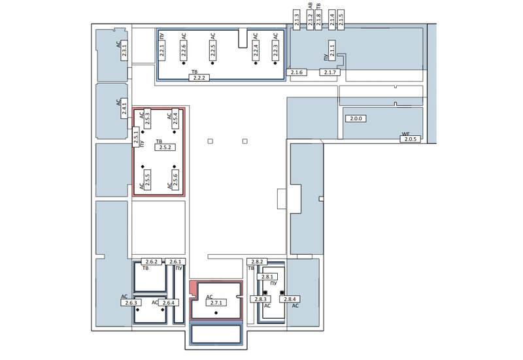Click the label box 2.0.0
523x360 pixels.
tap(356, 118)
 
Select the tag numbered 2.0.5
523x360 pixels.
tap(411, 139)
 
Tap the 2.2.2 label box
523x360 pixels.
tap(199, 78)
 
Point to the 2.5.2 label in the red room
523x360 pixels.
tap(165, 147)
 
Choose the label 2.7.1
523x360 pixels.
tap(216, 303)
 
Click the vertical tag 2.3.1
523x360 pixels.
tap(124, 50)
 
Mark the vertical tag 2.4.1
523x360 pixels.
tap(124, 108)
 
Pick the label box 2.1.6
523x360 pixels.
tap(297, 73)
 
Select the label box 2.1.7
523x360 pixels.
tap(330, 73)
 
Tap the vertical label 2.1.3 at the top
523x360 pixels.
tap(297, 20)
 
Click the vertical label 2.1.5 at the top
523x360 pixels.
tap(341, 20)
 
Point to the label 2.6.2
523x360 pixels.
tap(152, 261)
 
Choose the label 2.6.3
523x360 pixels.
tap(131, 303)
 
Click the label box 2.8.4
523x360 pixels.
tap(290, 299)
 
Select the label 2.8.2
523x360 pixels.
tap(257, 261)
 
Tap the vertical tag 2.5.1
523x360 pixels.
tap(136, 137)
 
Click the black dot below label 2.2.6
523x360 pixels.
tap(184, 63)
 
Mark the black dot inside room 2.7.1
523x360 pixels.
tap(216, 313)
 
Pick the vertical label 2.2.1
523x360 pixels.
tap(161, 50)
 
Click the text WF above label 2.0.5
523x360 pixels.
tap(405, 134)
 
